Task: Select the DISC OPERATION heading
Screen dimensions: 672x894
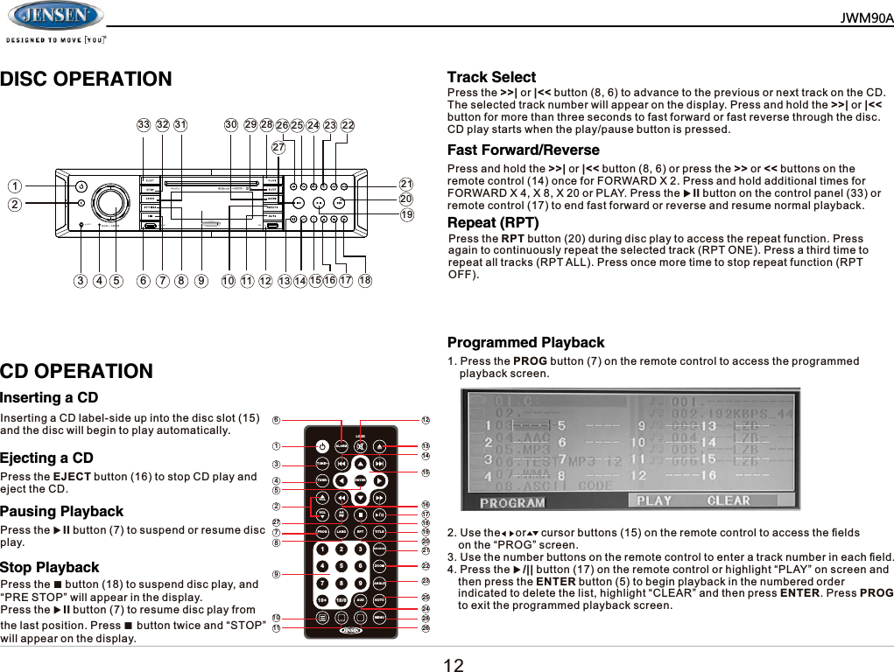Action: click(86, 80)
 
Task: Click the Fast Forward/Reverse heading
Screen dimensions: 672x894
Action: click(523, 150)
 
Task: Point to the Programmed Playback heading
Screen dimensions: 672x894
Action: click(525, 342)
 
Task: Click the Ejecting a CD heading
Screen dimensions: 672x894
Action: click(46, 458)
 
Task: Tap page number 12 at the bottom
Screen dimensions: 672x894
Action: click(453, 664)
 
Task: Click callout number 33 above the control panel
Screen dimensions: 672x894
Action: click(144, 125)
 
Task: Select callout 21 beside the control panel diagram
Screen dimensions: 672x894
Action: click(405, 184)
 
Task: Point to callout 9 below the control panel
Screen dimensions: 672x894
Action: click(201, 282)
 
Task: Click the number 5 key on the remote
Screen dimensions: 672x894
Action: click(341, 566)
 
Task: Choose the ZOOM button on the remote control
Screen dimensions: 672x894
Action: click(379, 566)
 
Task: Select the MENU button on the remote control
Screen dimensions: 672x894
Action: click(379, 617)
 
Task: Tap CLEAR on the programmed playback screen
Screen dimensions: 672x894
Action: click(729, 500)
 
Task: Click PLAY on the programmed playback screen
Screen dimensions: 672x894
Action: click(654, 500)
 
